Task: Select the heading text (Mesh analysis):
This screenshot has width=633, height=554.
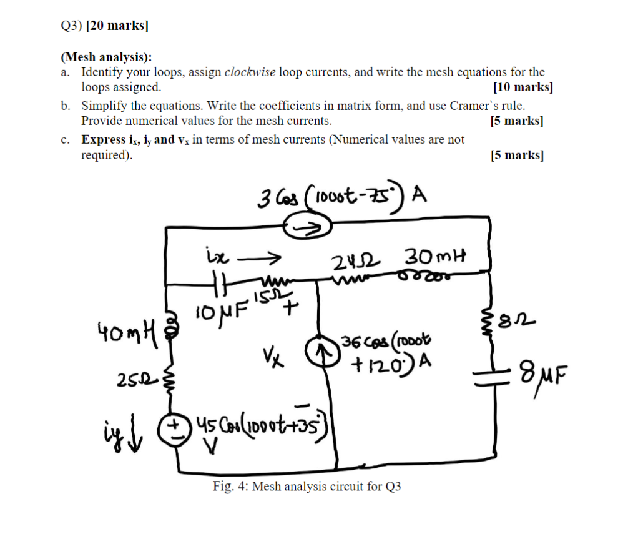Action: coord(106,57)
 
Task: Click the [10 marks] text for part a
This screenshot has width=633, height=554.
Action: coord(523,87)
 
